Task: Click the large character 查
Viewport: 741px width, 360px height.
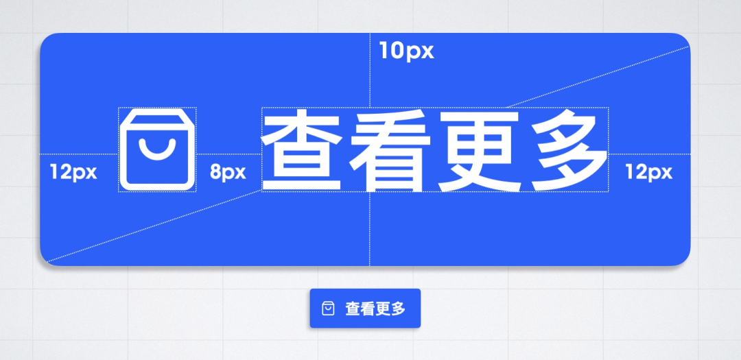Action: coord(303,151)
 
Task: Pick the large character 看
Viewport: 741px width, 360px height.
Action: coord(390,151)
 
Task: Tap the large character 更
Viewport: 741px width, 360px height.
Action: coord(478,151)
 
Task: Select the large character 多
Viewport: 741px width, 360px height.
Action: coord(565,151)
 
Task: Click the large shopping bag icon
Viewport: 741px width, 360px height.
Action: coord(158,149)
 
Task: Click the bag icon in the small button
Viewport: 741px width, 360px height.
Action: coord(329,309)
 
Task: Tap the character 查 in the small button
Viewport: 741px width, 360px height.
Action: coord(353,309)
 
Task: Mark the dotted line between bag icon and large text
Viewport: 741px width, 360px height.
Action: coord(228,154)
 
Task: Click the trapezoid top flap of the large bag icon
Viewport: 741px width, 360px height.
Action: coord(158,117)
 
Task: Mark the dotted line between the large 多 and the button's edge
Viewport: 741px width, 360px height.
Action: coord(649,154)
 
